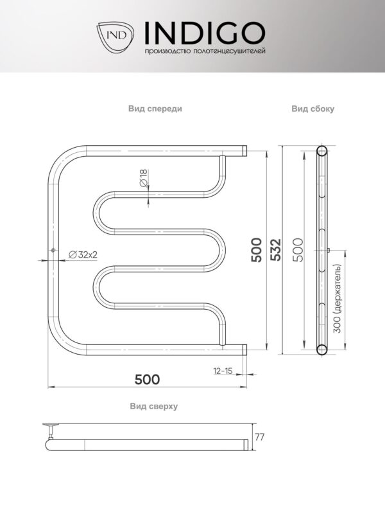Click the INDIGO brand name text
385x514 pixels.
[x=205, y=33]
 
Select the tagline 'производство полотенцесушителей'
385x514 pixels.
[x=205, y=51]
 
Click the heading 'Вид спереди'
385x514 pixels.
[x=155, y=109]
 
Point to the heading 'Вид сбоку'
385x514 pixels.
[x=313, y=109]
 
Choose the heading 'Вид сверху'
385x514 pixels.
[x=154, y=406]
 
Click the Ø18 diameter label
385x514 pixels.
[x=144, y=179]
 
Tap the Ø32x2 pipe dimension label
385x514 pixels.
[x=83, y=254]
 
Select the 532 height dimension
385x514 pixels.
[x=276, y=249]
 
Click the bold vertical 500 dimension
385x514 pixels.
[x=257, y=250]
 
